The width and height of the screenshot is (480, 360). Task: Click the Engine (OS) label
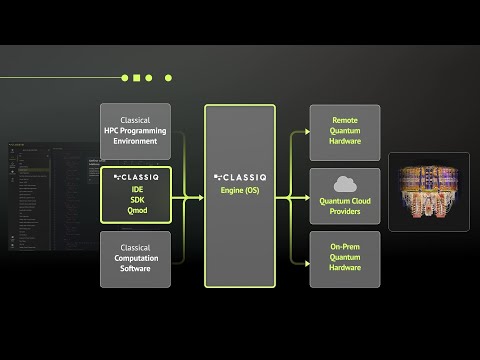(x=239, y=188)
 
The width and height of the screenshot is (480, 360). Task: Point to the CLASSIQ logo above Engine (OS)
(x=239, y=176)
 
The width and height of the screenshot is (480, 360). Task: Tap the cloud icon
(x=345, y=183)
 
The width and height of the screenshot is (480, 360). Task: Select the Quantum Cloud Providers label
(x=345, y=205)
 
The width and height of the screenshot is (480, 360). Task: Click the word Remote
(x=345, y=120)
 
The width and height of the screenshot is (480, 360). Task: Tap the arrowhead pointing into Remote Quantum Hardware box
(x=305, y=132)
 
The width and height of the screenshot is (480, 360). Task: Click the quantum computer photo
(x=428, y=193)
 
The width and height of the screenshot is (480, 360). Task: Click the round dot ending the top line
(x=168, y=77)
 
